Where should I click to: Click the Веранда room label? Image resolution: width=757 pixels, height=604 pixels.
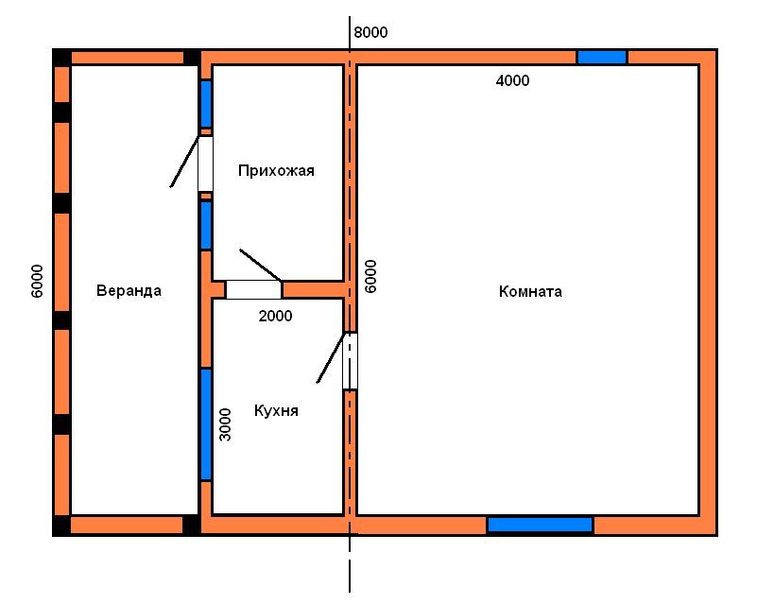tap(129, 290)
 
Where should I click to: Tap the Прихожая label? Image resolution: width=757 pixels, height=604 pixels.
tap(276, 170)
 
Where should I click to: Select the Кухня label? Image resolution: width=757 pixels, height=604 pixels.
tap(276, 411)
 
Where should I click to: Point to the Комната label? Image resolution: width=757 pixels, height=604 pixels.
tap(530, 292)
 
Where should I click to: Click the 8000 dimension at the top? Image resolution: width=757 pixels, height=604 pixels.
tap(370, 32)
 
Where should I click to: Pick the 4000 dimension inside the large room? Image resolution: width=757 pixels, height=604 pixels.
tap(513, 80)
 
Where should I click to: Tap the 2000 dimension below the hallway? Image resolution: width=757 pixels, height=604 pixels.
tap(275, 317)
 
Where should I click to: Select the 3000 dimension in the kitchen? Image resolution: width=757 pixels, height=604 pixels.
tap(226, 424)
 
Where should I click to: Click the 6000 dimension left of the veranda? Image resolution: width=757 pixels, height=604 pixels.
tap(38, 281)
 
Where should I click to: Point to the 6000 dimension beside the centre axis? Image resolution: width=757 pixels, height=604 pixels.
tap(370, 276)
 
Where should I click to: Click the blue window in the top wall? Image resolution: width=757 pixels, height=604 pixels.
tap(602, 58)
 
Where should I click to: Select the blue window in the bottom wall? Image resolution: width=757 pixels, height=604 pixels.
tap(541, 525)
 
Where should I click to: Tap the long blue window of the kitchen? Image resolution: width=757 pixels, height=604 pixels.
tap(206, 424)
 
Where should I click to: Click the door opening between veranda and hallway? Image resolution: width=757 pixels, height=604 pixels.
tap(205, 164)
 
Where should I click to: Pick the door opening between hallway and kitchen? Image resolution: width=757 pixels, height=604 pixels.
tap(254, 289)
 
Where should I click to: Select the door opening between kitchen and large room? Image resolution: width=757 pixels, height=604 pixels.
tap(350, 361)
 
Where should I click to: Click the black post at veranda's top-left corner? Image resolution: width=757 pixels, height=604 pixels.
tap(61, 58)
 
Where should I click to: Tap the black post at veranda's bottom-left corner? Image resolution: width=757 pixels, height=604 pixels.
tap(61, 526)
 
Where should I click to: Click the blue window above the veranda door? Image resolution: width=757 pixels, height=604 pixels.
tap(206, 104)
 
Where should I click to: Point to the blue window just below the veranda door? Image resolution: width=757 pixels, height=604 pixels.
tap(206, 226)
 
